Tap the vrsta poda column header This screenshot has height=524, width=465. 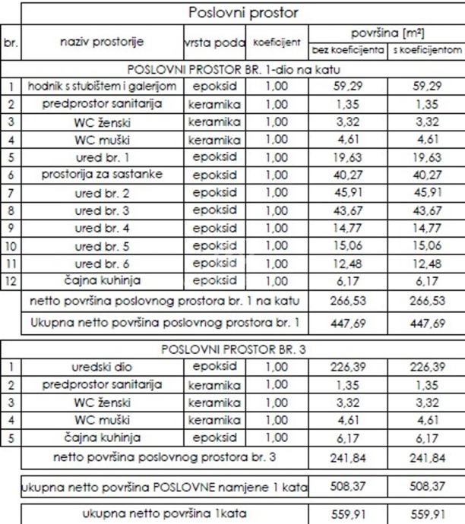tap(215, 43)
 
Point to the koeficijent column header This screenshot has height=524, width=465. tap(277, 43)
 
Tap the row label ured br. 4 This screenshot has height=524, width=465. tap(102, 227)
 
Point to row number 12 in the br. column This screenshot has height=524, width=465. tap(11, 280)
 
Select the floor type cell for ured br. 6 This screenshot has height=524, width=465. tap(215, 263)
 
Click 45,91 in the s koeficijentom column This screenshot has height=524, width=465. tap(425, 192)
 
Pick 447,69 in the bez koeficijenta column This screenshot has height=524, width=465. tap(348, 323)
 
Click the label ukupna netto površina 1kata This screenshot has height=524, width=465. tap(163, 513)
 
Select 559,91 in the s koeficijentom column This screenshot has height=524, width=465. tap(425, 513)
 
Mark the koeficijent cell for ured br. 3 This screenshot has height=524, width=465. tap(277, 210)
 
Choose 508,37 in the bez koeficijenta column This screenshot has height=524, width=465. tap(348, 485)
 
